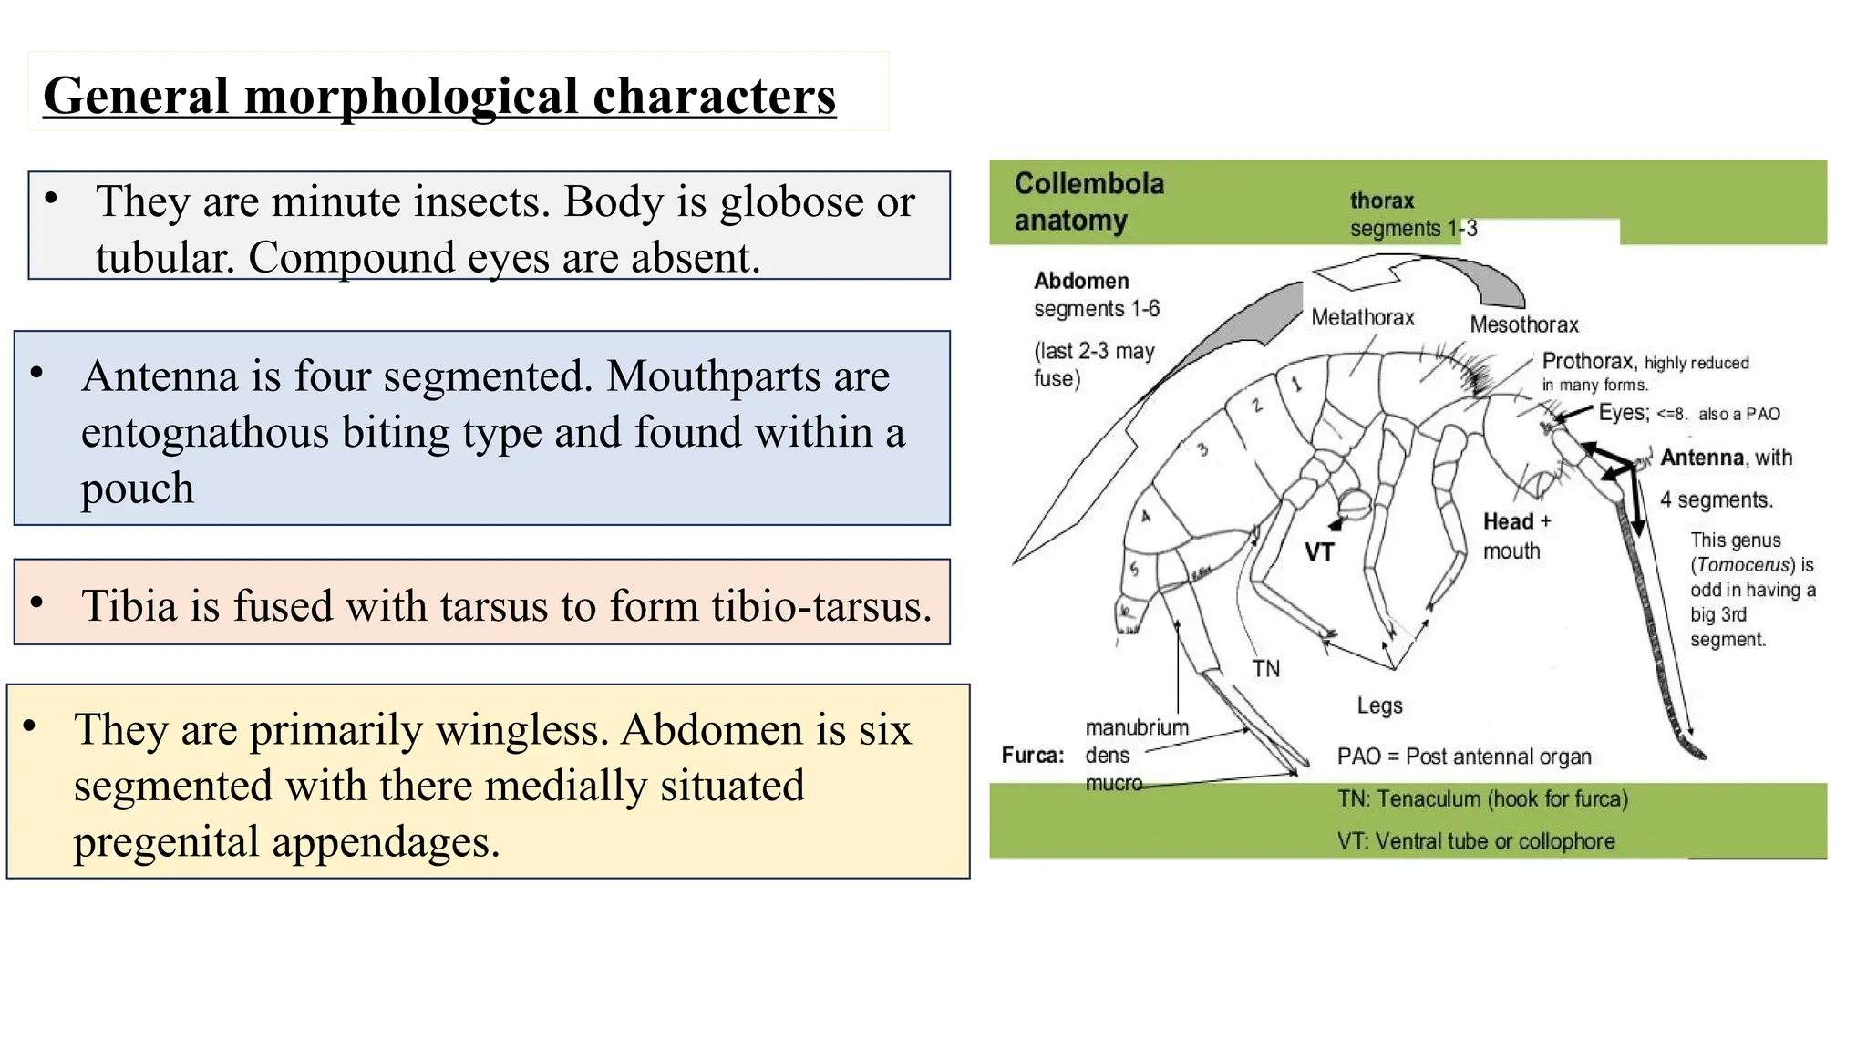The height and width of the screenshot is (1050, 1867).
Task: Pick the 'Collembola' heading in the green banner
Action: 1089,183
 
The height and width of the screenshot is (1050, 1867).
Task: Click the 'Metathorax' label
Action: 1363,317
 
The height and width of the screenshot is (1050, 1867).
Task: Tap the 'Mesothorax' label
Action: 1524,324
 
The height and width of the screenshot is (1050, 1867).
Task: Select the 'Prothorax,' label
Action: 1590,362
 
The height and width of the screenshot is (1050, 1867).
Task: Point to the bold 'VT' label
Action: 1319,552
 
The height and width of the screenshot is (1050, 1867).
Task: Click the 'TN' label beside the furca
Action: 1266,669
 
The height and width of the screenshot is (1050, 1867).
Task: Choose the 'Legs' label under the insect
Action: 1379,706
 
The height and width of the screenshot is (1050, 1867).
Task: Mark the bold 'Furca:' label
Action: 1033,756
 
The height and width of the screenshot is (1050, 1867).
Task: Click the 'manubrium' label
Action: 1137,727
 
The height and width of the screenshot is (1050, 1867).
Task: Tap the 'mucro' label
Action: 1113,783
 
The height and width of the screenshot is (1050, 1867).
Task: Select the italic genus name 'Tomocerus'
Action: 1742,565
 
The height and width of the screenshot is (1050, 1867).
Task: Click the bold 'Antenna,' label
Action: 1703,458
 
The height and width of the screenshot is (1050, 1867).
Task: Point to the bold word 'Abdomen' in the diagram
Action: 1081,281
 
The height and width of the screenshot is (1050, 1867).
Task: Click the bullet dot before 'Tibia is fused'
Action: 36,602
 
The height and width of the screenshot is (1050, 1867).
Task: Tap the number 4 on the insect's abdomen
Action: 1146,516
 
